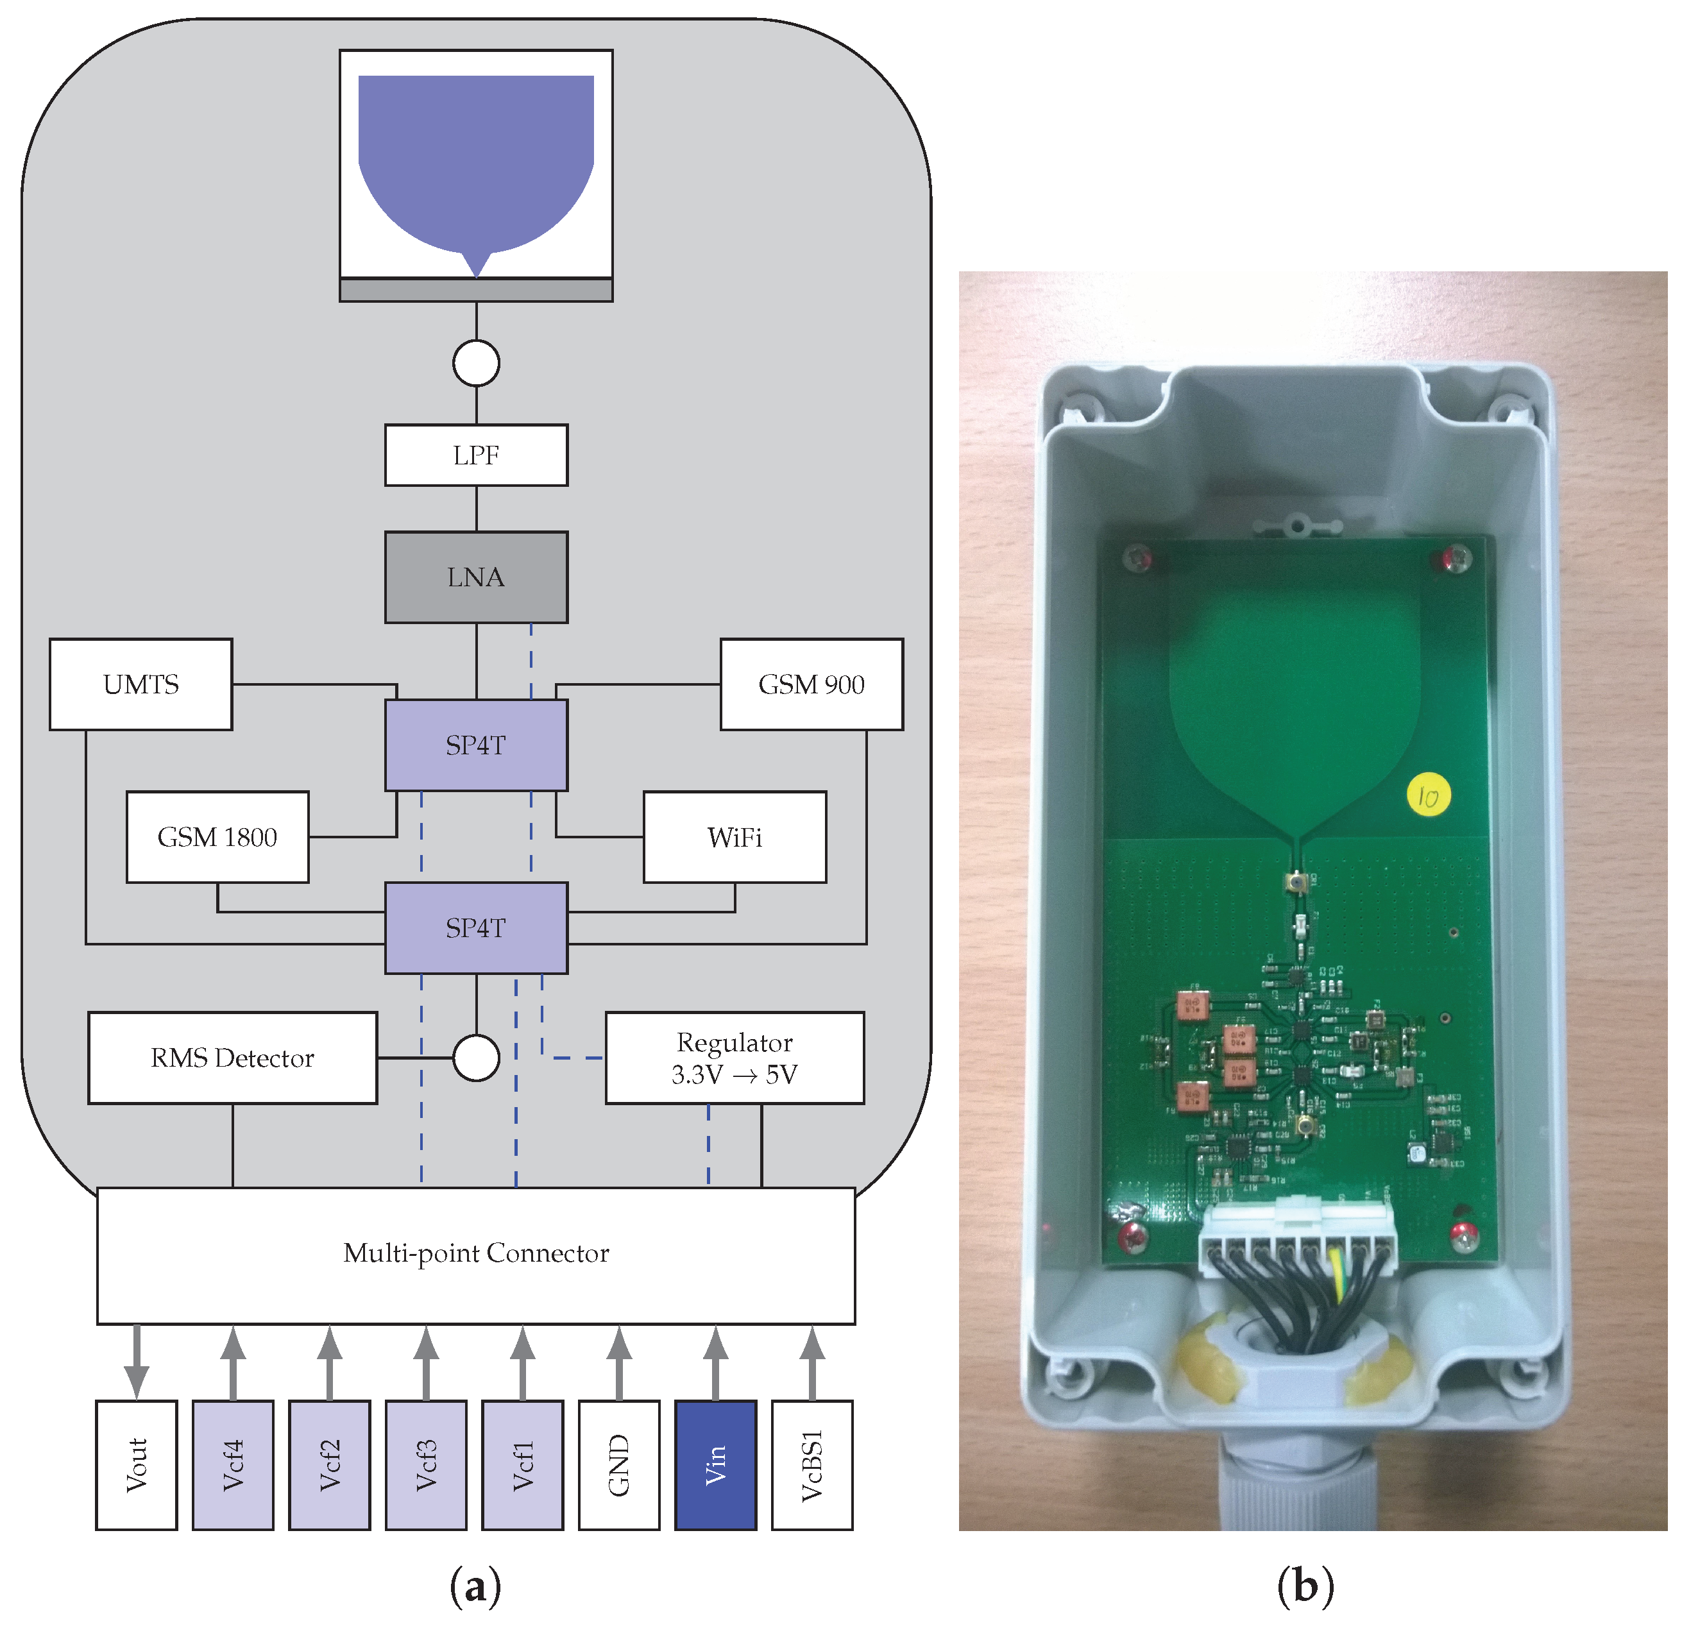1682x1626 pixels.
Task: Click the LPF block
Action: (x=475, y=455)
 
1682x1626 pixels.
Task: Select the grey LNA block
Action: (x=475, y=577)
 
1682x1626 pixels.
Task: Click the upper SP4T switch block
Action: (x=475, y=745)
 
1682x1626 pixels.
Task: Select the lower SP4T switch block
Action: (x=475, y=927)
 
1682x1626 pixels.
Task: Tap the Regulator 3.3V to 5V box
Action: (x=735, y=1057)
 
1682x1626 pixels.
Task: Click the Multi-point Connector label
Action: (x=475, y=1253)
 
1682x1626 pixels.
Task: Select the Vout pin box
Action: (x=137, y=1465)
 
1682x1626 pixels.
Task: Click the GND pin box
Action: (x=619, y=1465)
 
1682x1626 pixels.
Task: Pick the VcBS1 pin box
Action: (x=812, y=1465)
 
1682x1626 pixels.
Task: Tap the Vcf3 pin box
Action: (x=426, y=1465)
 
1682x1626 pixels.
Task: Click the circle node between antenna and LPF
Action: (x=476, y=363)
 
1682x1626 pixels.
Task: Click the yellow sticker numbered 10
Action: (x=1429, y=795)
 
